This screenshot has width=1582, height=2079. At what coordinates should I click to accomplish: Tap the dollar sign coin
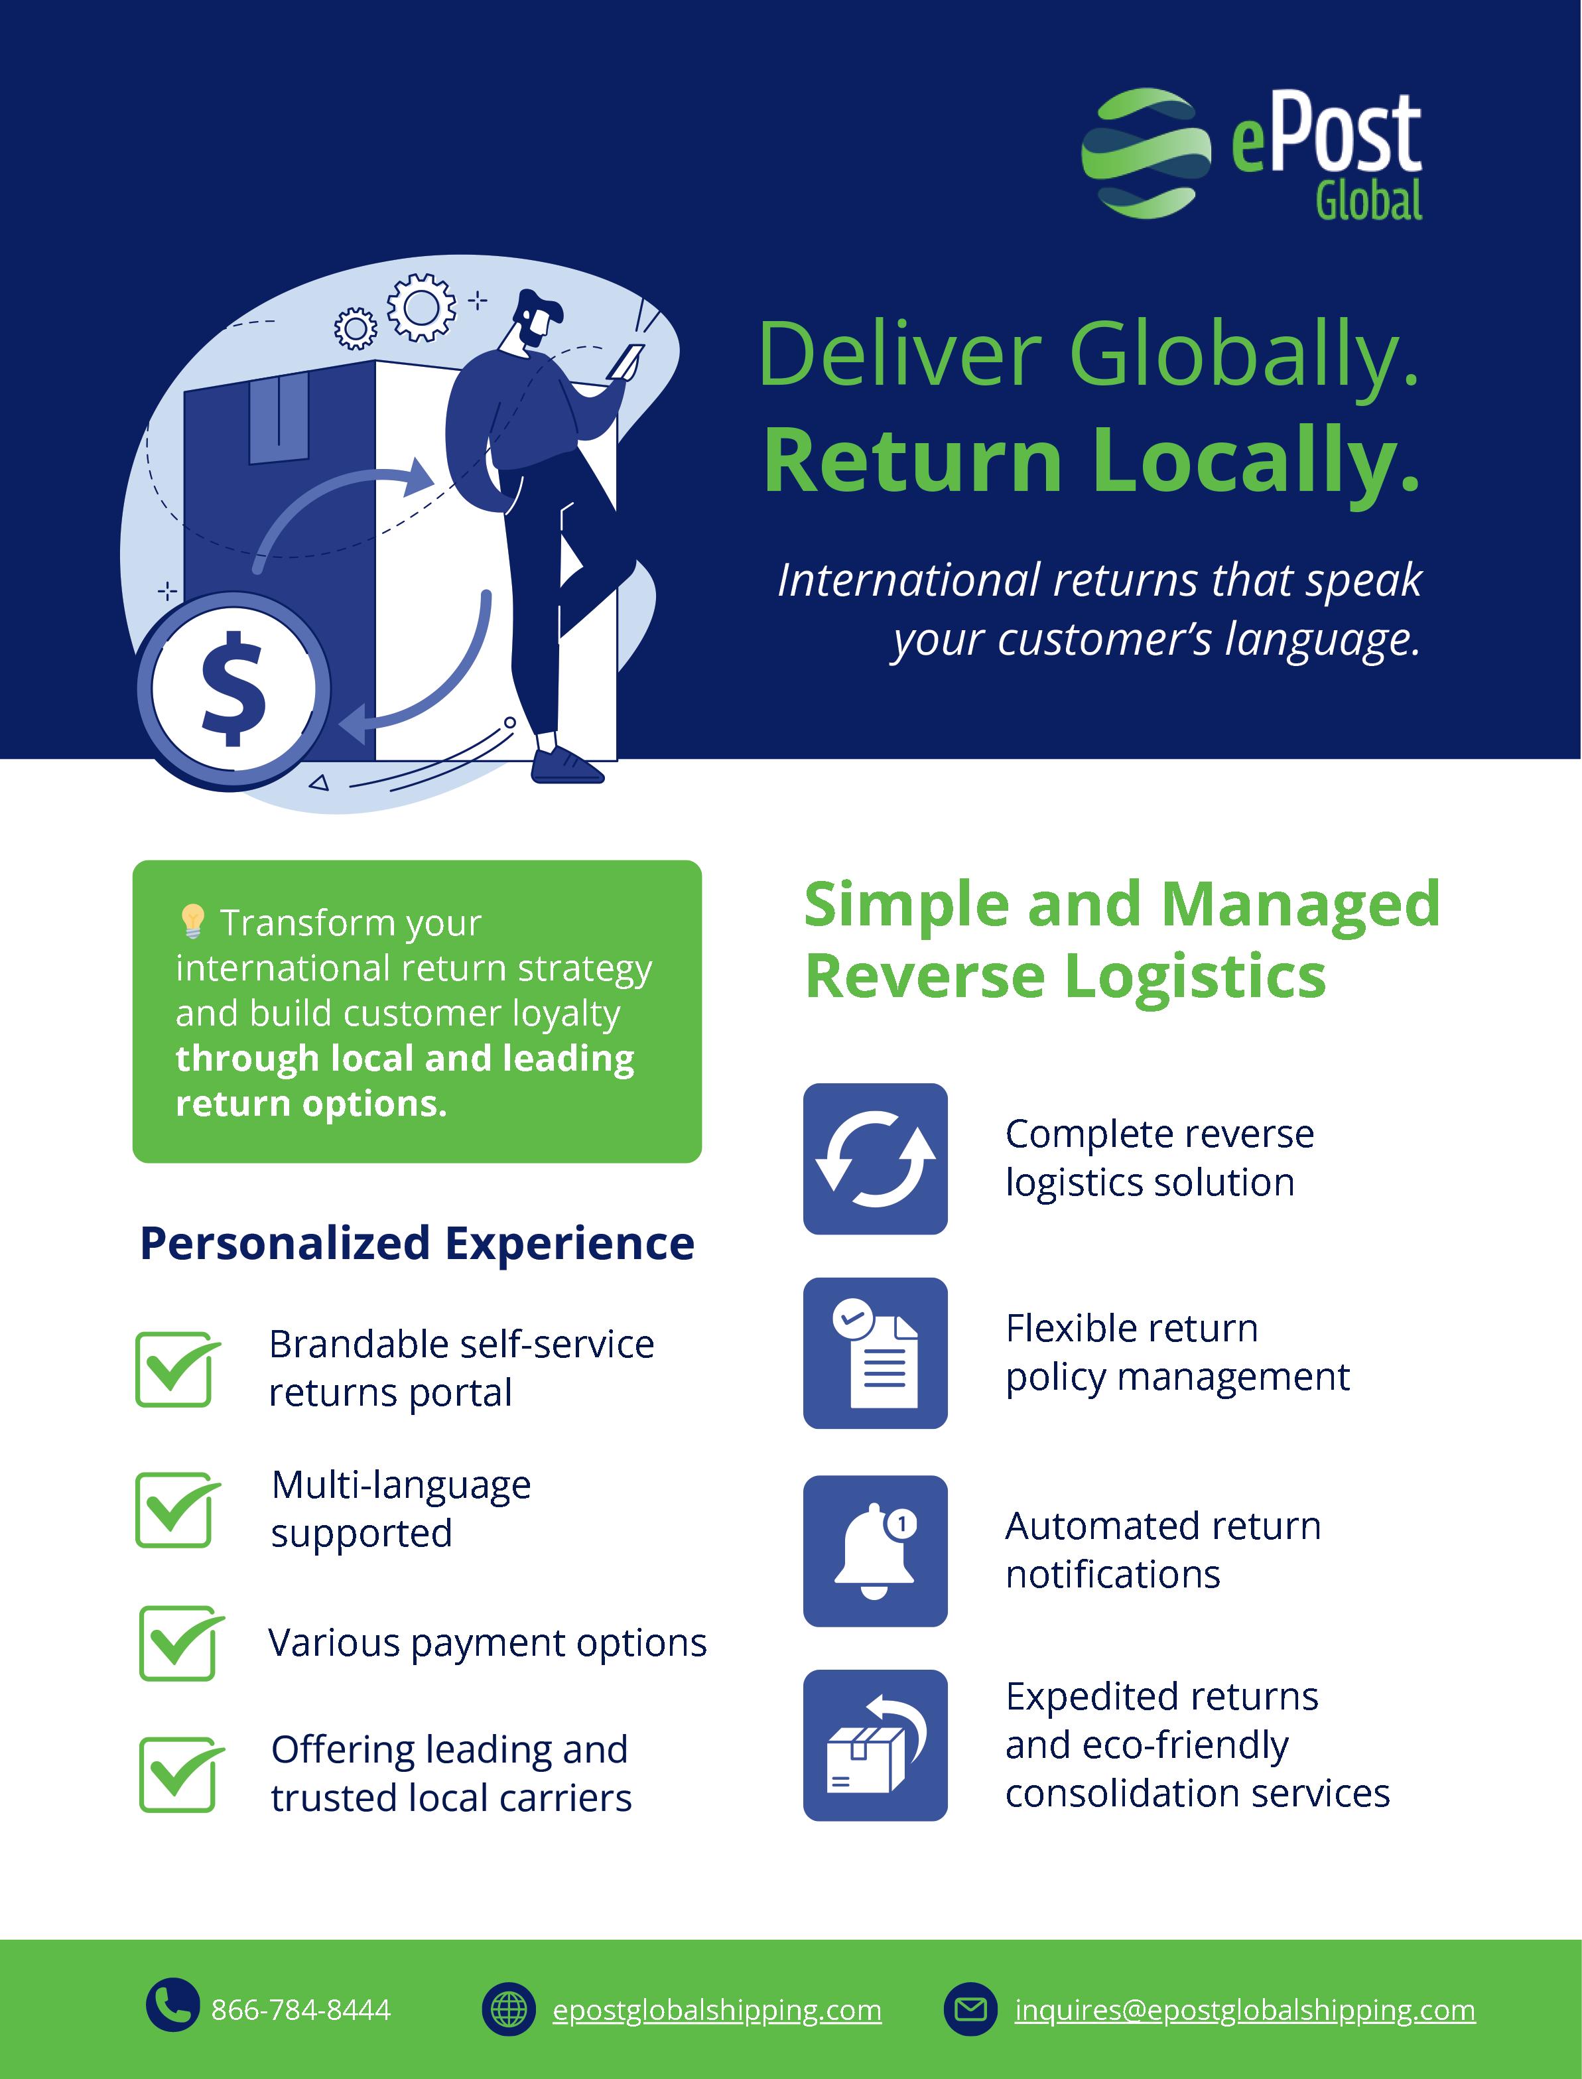pos(233,690)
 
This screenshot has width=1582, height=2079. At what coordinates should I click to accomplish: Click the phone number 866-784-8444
pos(300,2009)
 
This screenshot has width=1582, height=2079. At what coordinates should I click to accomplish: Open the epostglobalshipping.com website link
pos(716,2009)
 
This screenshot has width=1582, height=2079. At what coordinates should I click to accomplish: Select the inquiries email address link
pos(1244,2009)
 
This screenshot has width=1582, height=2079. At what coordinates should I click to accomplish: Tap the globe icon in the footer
pos(509,2009)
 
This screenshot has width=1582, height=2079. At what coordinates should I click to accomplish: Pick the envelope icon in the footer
pos(970,2009)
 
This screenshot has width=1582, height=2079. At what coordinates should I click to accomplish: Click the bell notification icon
pos(875,1551)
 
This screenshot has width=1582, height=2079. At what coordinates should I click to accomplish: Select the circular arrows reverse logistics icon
pos(875,1158)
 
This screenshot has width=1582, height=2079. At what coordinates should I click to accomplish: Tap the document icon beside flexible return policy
pos(875,1353)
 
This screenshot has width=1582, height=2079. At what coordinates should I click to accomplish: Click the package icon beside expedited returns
pos(875,1745)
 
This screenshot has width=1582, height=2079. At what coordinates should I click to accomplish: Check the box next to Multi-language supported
pos(176,1509)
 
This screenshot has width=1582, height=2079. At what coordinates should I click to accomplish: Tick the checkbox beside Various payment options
pos(180,1643)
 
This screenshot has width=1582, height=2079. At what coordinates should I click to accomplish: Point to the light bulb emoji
pos(192,921)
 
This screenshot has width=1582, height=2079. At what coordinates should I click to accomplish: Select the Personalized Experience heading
pos(417,1243)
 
